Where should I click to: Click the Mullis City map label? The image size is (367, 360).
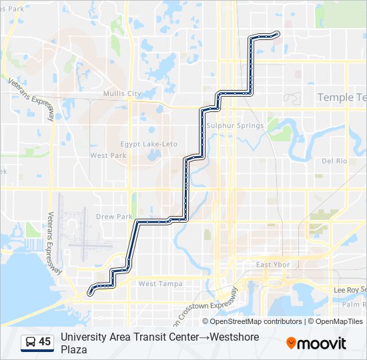click(x=122, y=94)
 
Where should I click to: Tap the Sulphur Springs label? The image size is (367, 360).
click(x=235, y=125)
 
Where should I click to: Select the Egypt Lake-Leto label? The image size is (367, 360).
click(x=149, y=144)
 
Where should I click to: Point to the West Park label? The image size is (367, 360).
click(x=108, y=155)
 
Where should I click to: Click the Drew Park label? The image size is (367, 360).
click(x=114, y=217)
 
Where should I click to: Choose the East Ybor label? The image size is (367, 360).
click(x=273, y=265)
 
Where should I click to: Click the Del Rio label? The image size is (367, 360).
click(x=334, y=161)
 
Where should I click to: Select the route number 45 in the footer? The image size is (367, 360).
click(x=45, y=342)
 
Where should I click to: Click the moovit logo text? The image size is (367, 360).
click(x=322, y=343)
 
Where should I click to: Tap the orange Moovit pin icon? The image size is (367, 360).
click(x=291, y=343)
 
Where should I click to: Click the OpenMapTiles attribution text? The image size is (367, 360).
click(x=338, y=321)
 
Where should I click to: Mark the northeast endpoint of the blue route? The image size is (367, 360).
click(x=277, y=33)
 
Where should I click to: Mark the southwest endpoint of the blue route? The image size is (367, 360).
click(x=89, y=291)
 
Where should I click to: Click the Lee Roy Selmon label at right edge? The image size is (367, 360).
click(x=350, y=290)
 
